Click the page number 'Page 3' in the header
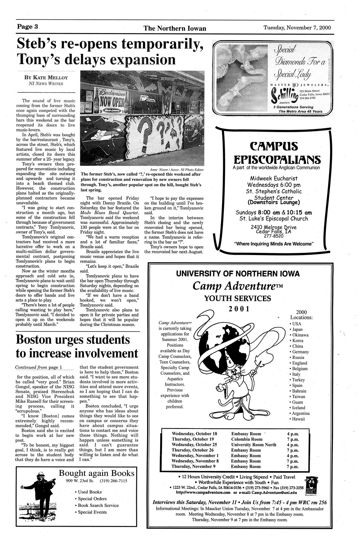pyautogui.click(x=28, y=27)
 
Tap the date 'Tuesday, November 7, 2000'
pyautogui.click(x=297, y=27)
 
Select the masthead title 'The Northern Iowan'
pyautogui.click(x=175, y=28)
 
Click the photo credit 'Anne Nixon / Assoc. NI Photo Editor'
pyautogui.click(x=177, y=169)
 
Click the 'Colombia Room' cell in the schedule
pyautogui.click(x=247, y=439)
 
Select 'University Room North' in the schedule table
pyautogui.click(x=254, y=445)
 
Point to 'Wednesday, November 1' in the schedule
pyautogui.click(x=195, y=455)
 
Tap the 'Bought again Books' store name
pyautogui.click(x=97, y=473)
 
